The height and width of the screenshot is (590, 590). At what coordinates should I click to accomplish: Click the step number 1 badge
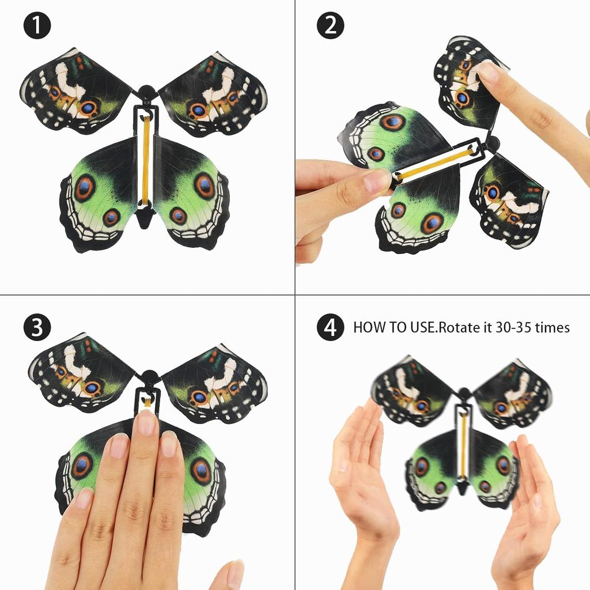point(37,26)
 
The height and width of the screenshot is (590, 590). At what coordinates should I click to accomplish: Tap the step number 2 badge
point(330,26)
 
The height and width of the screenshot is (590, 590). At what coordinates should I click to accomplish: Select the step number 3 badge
point(37,328)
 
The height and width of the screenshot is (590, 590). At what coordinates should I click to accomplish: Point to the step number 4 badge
point(330,328)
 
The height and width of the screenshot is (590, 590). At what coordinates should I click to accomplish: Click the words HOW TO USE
point(394,328)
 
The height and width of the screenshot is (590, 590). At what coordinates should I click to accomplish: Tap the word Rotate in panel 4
point(459,328)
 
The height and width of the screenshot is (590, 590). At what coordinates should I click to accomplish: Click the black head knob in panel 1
point(147,92)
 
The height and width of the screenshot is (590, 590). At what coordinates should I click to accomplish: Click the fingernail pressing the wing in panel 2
point(489,72)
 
